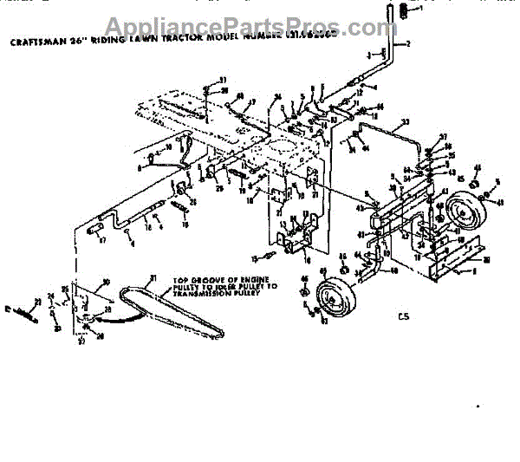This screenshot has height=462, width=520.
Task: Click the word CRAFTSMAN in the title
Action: tap(37, 40)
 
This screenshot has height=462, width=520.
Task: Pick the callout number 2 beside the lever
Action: tap(408, 43)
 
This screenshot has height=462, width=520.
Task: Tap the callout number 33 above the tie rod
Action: tap(404, 126)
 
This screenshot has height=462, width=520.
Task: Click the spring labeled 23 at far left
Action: tap(24, 308)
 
